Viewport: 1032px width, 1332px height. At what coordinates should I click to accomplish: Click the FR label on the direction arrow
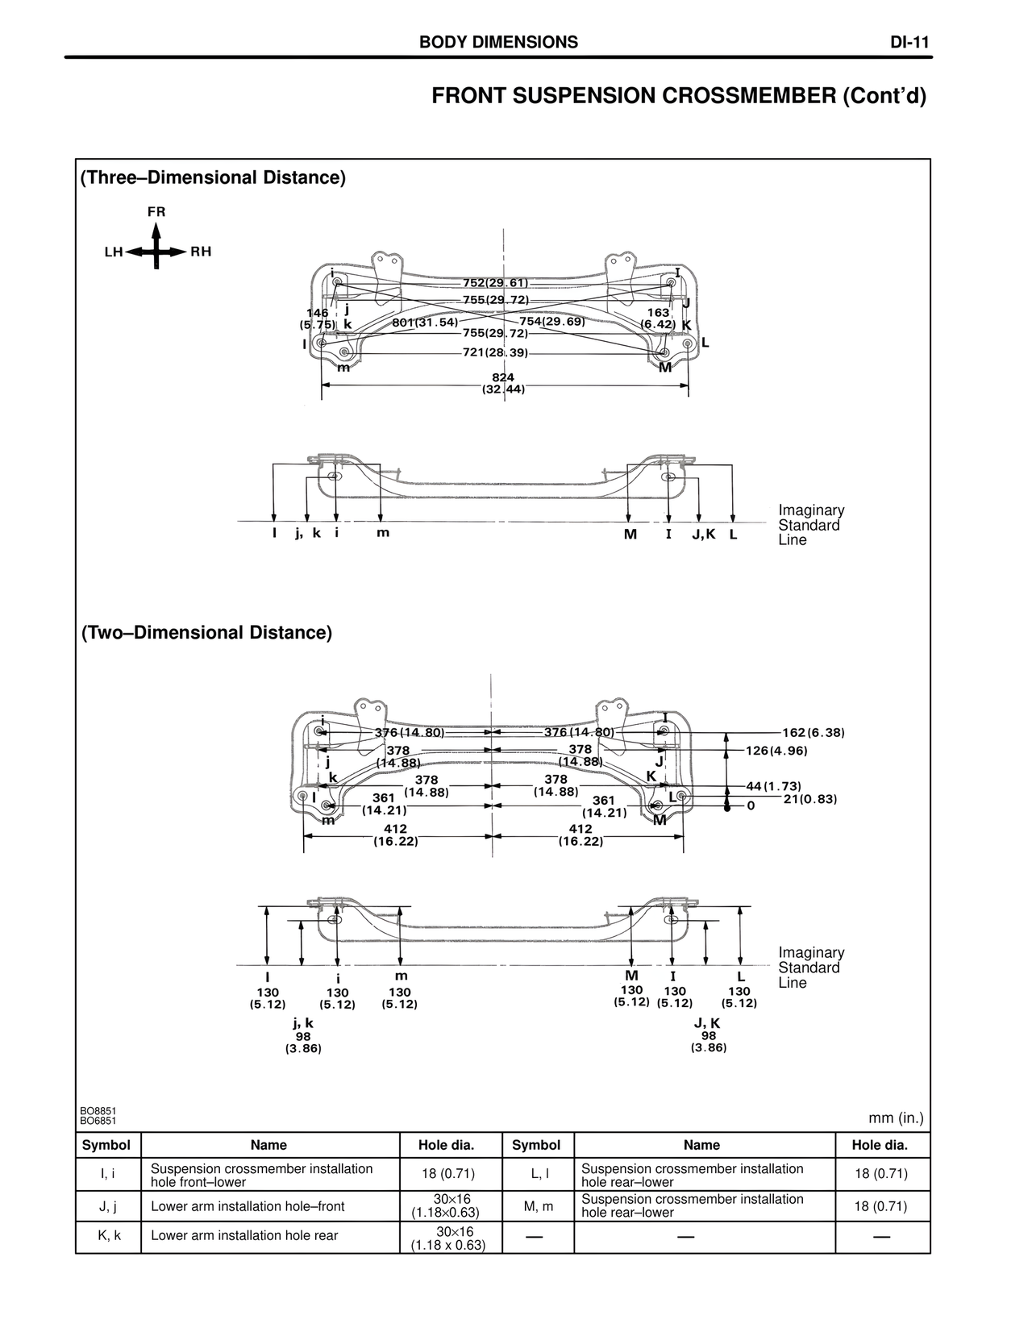point(156,212)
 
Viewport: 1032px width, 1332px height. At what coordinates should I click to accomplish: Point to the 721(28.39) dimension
point(495,352)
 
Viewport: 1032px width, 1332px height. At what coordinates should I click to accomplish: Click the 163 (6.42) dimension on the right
point(658,318)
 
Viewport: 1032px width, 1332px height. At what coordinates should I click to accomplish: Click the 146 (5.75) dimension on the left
point(318,318)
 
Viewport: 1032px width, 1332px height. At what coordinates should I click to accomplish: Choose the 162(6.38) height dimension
point(813,733)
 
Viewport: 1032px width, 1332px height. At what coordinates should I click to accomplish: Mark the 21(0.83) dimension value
point(810,799)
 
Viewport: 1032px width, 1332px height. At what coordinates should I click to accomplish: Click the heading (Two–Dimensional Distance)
point(206,633)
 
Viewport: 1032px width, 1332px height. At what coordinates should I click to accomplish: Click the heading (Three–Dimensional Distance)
point(214,178)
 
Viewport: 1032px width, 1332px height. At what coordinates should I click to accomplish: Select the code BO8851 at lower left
point(98,1110)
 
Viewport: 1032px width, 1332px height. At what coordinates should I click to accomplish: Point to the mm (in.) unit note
point(896,1118)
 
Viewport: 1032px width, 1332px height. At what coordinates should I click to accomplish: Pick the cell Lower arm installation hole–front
point(248,1206)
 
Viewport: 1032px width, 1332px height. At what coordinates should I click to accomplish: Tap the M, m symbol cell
point(536,1206)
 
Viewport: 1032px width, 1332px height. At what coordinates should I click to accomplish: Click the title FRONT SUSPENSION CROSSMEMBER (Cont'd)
point(679,96)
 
